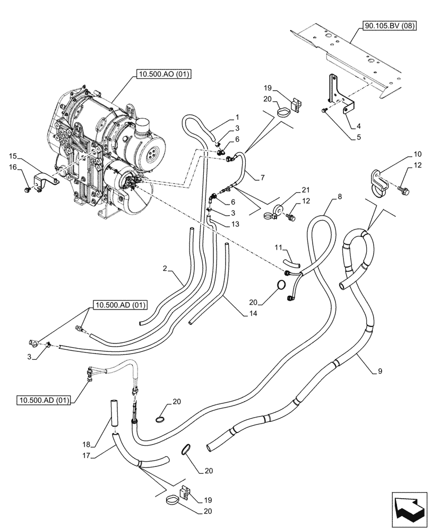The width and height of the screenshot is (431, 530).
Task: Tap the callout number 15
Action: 12,156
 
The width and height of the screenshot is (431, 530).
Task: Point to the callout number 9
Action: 380,372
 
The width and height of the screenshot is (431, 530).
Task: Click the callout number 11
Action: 279,248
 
